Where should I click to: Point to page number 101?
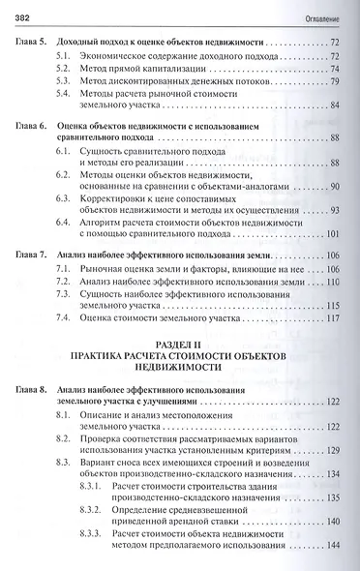click(x=331, y=233)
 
